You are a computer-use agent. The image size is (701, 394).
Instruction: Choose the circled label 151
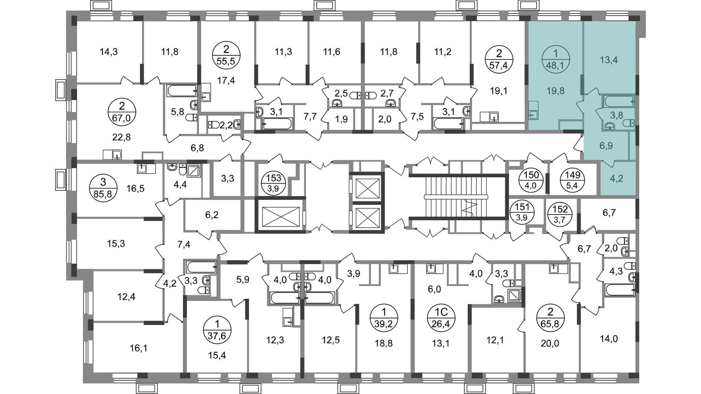click(522, 213)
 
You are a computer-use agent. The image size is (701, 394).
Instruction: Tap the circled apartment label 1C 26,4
click(441, 318)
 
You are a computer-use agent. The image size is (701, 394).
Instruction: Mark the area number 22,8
click(122, 137)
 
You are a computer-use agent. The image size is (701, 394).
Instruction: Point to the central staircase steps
click(456, 197)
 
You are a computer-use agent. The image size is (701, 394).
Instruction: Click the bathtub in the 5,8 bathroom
click(182, 90)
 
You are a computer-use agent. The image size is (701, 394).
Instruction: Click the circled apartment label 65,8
click(550, 318)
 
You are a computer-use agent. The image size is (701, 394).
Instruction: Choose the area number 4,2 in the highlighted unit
click(617, 179)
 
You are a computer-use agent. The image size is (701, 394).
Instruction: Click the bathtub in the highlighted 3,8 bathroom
click(618, 101)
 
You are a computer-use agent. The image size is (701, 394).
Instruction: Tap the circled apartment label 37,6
click(217, 329)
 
